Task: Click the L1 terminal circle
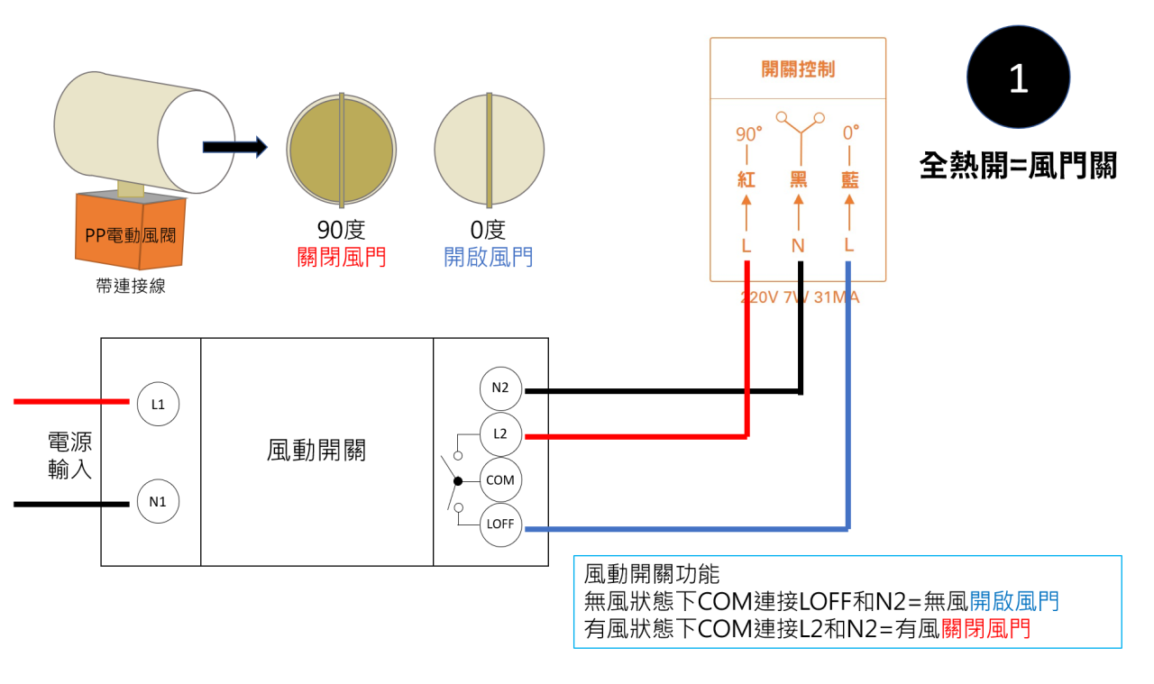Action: (158, 405)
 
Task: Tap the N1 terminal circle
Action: (158, 502)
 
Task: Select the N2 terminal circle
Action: (500, 389)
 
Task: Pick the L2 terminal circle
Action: (500, 433)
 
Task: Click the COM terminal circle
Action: (500, 480)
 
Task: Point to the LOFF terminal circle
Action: (500, 524)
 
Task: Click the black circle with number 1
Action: (1018, 78)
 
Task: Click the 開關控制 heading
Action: (798, 70)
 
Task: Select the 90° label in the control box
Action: (748, 135)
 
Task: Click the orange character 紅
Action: (746, 179)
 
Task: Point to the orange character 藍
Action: (849, 179)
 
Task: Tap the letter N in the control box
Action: (797, 245)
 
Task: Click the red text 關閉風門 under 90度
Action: (342, 258)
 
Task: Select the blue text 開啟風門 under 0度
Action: (488, 258)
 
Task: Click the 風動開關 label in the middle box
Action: (316, 451)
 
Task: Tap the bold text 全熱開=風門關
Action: (1018, 166)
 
